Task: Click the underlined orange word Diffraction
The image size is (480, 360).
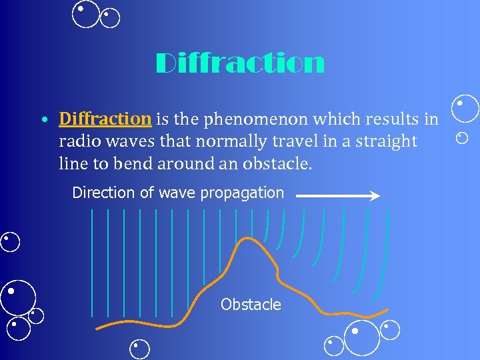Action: click(x=105, y=119)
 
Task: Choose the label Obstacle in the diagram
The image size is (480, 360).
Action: click(x=251, y=305)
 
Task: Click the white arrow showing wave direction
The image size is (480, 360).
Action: click(x=337, y=195)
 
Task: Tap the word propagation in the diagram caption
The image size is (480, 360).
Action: click(x=243, y=193)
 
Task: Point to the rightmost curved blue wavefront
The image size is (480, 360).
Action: click(x=383, y=260)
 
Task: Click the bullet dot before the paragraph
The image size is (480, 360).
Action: click(x=43, y=121)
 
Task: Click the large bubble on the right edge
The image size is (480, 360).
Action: click(x=465, y=109)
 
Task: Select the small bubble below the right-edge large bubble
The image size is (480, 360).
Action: click(x=462, y=138)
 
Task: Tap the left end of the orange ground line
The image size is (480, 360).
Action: click(x=98, y=327)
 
